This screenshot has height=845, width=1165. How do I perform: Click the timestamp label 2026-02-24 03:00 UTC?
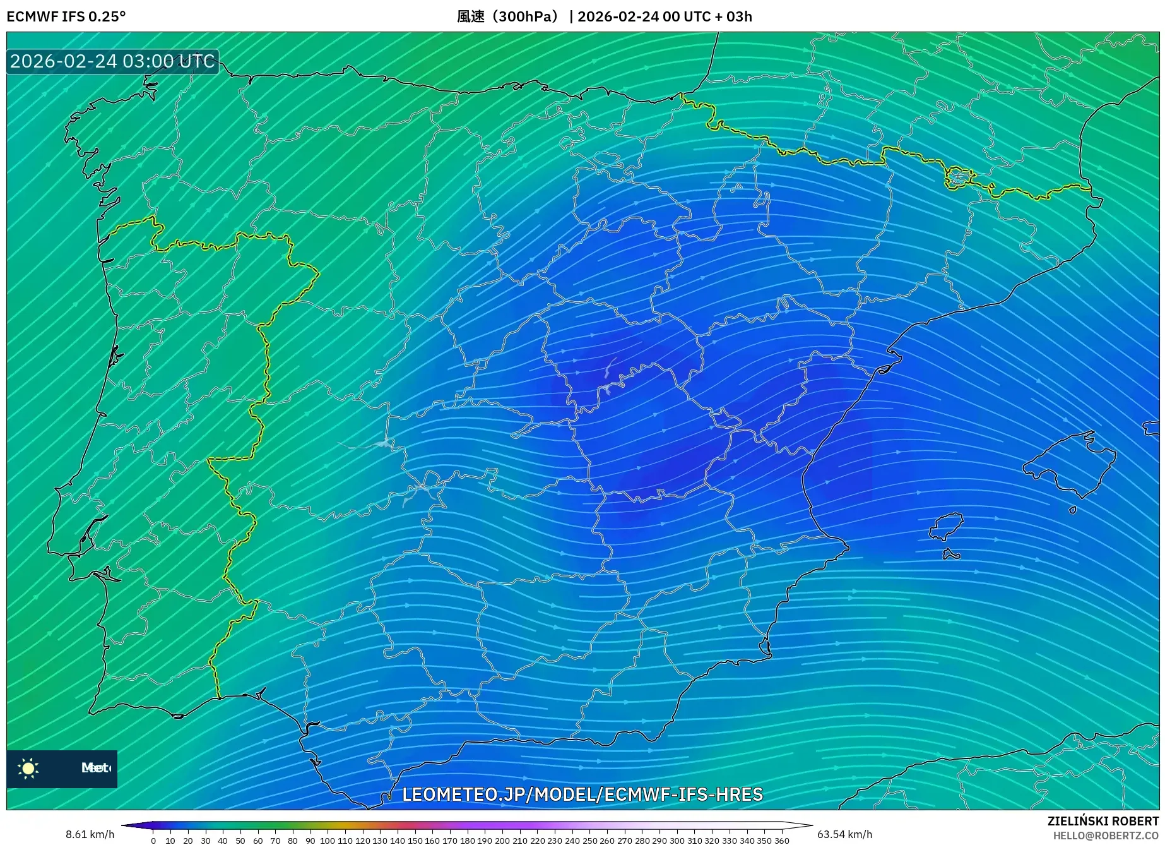pyautogui.click(x=112, y=61)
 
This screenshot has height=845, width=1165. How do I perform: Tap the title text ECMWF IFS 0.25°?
pyautogui.click(x=66, y=16)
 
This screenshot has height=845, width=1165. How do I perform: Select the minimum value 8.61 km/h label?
pyautogui.click(x=90, y=834)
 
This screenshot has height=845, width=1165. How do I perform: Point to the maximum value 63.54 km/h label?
pyautogui.click(x=844, y=834)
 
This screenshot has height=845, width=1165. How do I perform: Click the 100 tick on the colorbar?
pyautogui.click(x=328, y=840)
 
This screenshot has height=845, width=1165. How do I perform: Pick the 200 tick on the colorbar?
pyautogui.click(x=502, y=840)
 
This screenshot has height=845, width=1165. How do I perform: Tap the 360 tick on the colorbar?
pyautogui.click(x=781, y=840)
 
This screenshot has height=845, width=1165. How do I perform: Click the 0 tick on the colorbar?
pyautogui.click(x=153, y=840)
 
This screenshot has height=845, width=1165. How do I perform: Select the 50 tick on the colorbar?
pyautogui.click(x=240, y=840)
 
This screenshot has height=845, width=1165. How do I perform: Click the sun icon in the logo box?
pyautogui.click(x=28, y=768)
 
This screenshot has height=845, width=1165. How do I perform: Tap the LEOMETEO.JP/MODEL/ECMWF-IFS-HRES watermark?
pyautogui.click(x=582, y=794)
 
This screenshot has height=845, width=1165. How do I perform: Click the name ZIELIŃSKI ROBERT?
pyautogui.click(x=1103, y=821)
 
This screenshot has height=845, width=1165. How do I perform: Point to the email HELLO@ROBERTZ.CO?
pyautogui.click(x=1105, y=836)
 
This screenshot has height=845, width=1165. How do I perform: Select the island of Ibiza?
pyautogui.click(x=947, y=526)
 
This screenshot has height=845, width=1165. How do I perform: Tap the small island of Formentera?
pyautogui.click(x=951, y=555)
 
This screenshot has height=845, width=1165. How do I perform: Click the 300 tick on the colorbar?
pyautogui.click(x=677, y=840)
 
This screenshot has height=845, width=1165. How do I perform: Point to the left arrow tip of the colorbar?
pyautogui.click(x=123, y=825)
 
